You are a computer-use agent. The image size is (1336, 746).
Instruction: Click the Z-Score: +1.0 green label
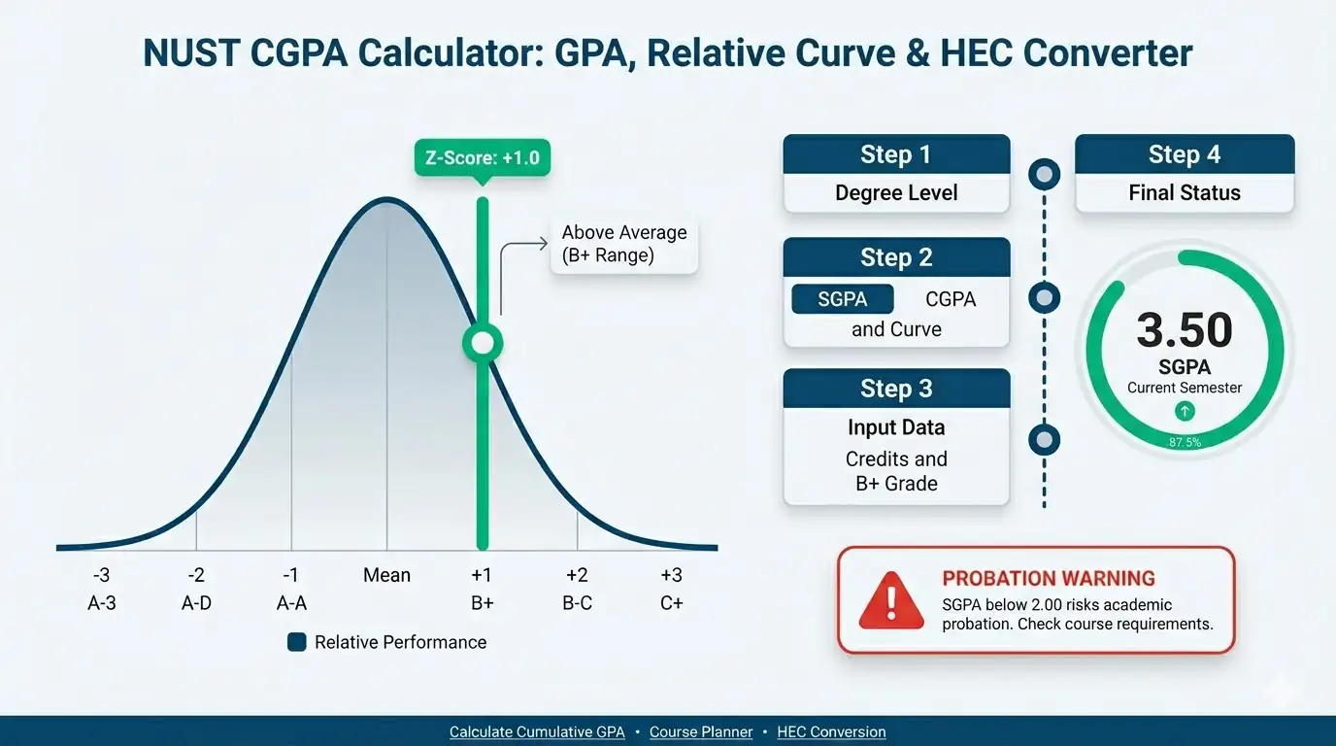[482, 157]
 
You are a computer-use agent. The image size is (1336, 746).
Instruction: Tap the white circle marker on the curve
[482, 342]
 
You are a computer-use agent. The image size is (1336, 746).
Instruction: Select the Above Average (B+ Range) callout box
[624, 244]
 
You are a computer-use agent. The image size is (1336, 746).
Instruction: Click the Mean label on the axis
[386, 575]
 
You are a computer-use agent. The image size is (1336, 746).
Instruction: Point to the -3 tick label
[101, 575]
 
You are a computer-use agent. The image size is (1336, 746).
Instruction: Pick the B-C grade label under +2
[577, 603]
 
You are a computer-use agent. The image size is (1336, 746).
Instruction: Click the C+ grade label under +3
[671, 603]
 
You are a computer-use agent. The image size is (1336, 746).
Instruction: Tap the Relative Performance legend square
[297, 642]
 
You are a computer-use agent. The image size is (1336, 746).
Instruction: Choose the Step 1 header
[895, 154]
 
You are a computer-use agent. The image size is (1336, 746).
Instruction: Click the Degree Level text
[895, 193]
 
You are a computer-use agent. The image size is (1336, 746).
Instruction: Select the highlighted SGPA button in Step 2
[842, 299]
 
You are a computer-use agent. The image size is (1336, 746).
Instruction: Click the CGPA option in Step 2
[951, 299]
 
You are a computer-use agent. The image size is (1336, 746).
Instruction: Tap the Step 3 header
[895, 389]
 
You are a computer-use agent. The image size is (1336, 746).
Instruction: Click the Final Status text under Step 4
[1185, 193]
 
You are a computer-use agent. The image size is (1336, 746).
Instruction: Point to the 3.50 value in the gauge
[1185, 330]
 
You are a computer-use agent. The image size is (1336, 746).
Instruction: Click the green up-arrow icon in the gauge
[1185, 412]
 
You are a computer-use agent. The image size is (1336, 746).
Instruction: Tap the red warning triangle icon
[891, 598]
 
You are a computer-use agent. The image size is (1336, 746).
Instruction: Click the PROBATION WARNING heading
[1049, 579]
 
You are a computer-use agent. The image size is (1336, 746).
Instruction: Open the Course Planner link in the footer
[701, 732]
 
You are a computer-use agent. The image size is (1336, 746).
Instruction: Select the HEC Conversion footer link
[831, 732]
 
